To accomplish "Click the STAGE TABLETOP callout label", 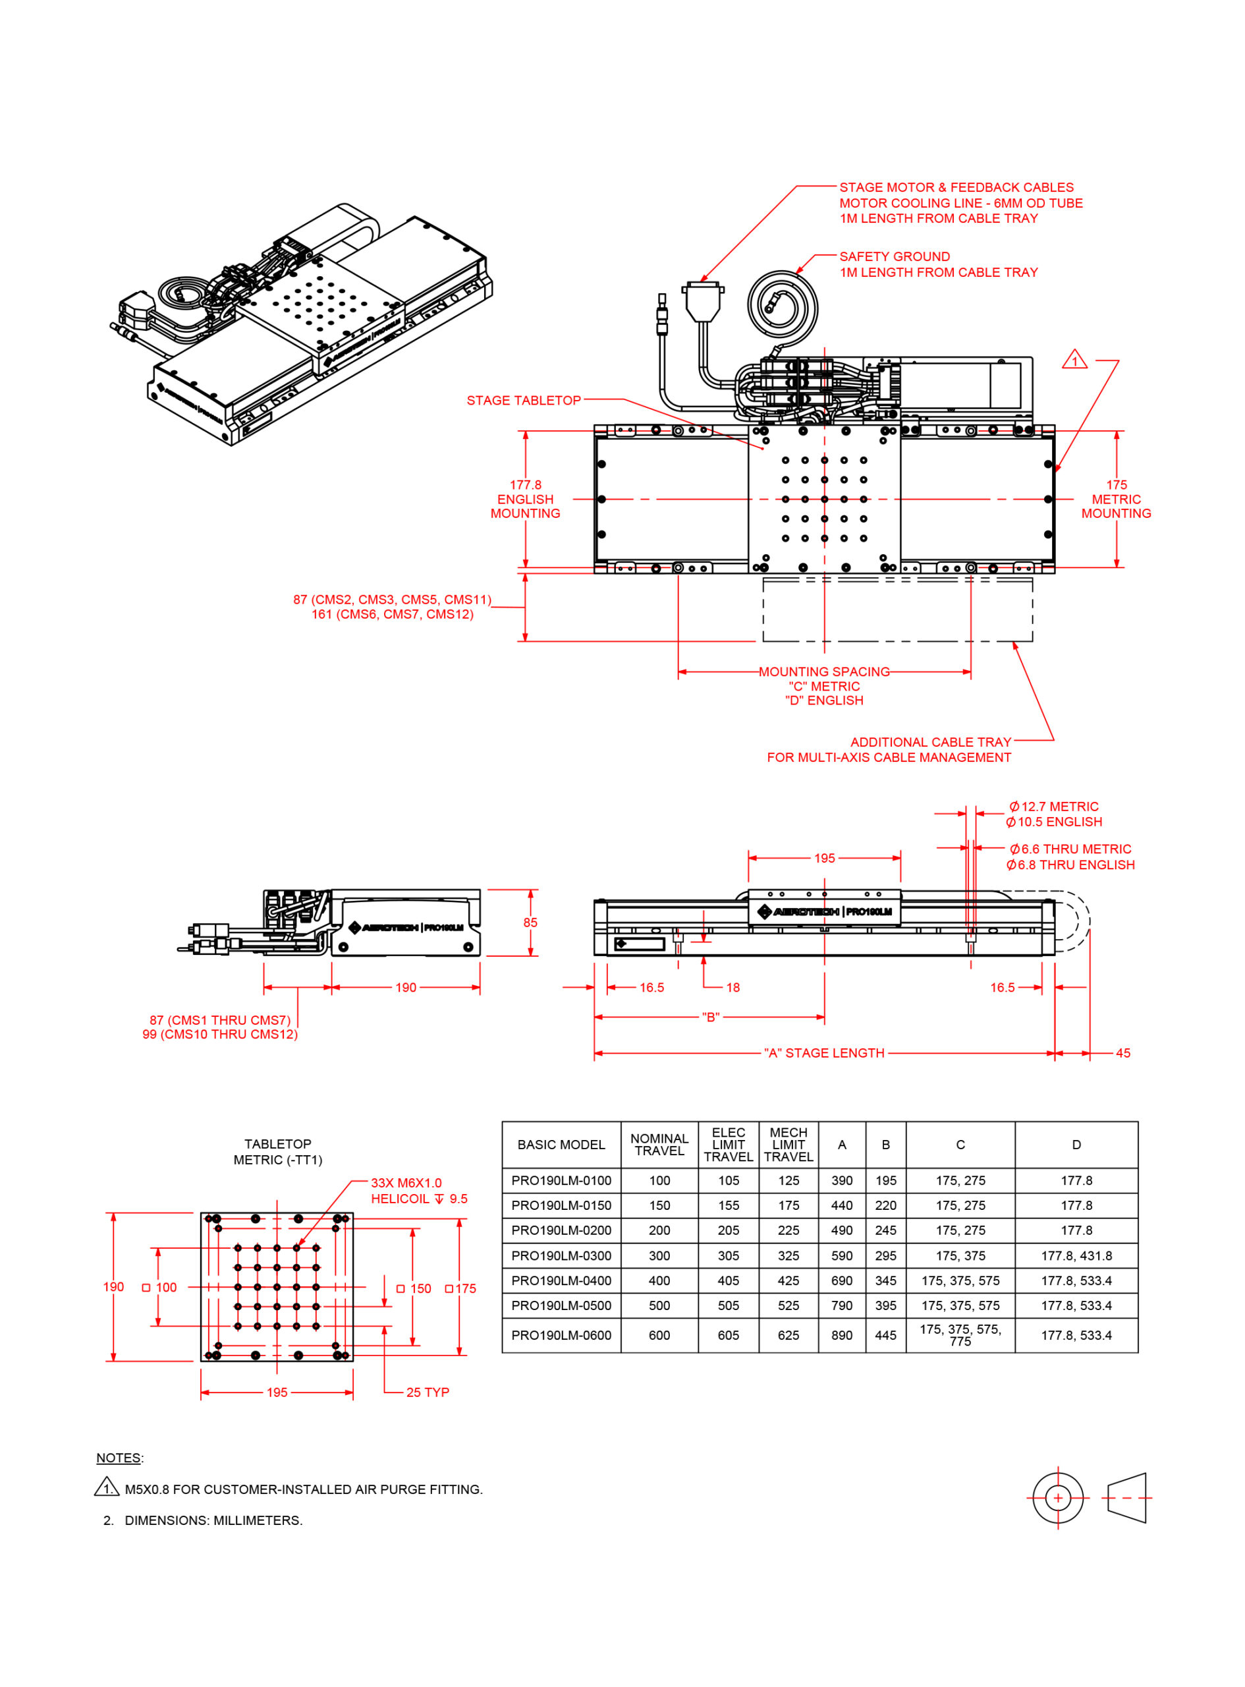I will [523, 400].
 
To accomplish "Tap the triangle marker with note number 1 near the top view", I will [1074, 360].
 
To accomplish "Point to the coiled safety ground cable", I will [783, 306].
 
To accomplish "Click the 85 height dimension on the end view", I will [530, 922].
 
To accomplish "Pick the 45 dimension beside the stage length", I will [1122, 1053].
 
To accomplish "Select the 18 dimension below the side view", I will [733, 987].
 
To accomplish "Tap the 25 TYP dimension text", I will [428, 1392].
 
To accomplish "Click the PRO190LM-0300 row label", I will [561, 1256].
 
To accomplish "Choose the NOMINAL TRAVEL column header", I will [659, 1144].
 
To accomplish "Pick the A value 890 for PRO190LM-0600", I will [841, 1335].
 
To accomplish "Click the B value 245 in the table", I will [885, 1230].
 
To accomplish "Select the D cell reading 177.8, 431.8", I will [1076, 1256].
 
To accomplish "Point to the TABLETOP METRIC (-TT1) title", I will [277, 1152].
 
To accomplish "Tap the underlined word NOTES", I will [119, 1458].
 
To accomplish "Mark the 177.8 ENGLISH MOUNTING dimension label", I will [525, 499].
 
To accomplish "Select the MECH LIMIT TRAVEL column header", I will [788, 1144].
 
